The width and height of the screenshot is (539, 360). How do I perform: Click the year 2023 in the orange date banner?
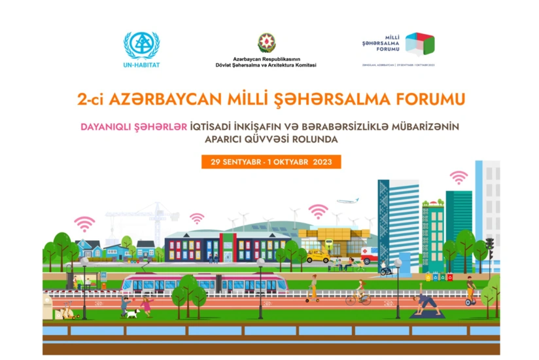pos(324,162)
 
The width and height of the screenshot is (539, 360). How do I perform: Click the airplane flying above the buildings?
pos(348,202)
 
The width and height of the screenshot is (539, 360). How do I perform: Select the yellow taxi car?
pos(319,255)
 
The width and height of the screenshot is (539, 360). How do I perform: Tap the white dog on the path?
pos(133,313)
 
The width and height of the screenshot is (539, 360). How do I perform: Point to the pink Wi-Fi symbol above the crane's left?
pos(84,224)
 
